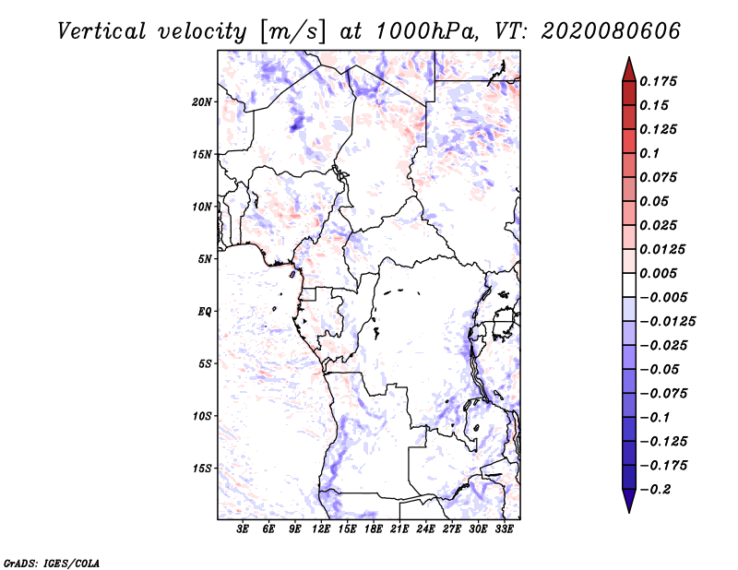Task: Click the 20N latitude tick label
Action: pos(201,102)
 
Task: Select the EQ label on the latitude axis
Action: pos(205,312)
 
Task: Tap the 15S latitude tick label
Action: pos(201,469)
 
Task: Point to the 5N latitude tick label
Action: pos(204,259)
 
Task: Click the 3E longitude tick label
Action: pos(243,529)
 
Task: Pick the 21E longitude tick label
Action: pos(399,529)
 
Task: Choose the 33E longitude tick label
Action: pos(504,529)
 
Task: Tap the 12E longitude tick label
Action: pos(321,529)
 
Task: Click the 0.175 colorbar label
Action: pos(658,81)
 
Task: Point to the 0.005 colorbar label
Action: pos(658,273)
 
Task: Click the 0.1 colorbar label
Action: pos(649,153)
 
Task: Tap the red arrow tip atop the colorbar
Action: pos(629,58)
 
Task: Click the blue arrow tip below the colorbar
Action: pos(629,512)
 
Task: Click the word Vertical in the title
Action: pos(101,31)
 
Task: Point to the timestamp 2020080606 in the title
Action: pos(611,31)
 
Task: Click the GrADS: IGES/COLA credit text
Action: pos(52,563)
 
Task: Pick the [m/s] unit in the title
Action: pos(292,32)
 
